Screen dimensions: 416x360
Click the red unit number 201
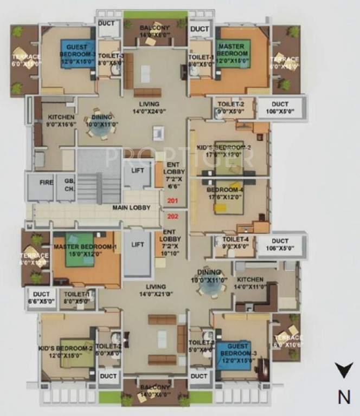coord(172,201)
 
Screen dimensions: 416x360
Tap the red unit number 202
coord(172,216)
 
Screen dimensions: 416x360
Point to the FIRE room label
coord(46,183)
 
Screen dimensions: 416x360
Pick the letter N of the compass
coord(343,396)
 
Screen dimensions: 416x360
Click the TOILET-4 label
coord(233,239)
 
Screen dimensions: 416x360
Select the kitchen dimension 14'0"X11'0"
coord(250,287)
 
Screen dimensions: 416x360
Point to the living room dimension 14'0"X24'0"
coord(149,111)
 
